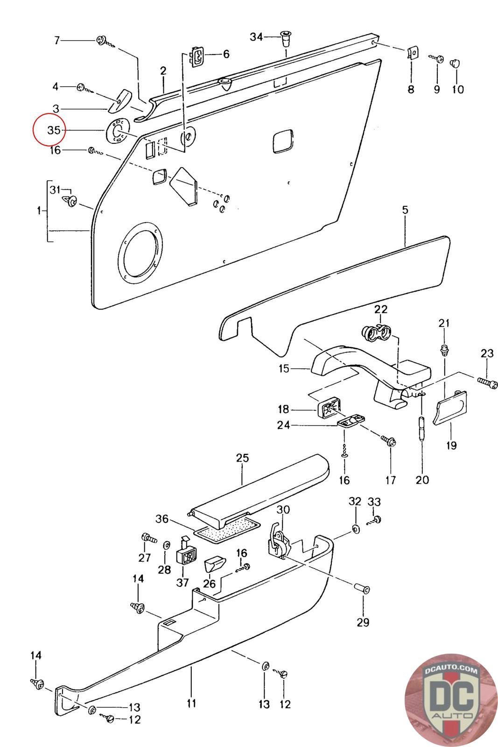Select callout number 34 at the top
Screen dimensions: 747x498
(x=256, y=36)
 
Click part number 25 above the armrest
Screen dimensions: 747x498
(x=242, y=458)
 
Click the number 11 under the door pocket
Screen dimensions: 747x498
(x=191, y=703)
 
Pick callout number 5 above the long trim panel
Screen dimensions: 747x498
(x=405, y=210)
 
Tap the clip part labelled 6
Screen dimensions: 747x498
(x=197, y=58)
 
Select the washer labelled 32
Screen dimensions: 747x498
(x=355, y=529)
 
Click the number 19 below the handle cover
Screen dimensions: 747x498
(x=451, y=445)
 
